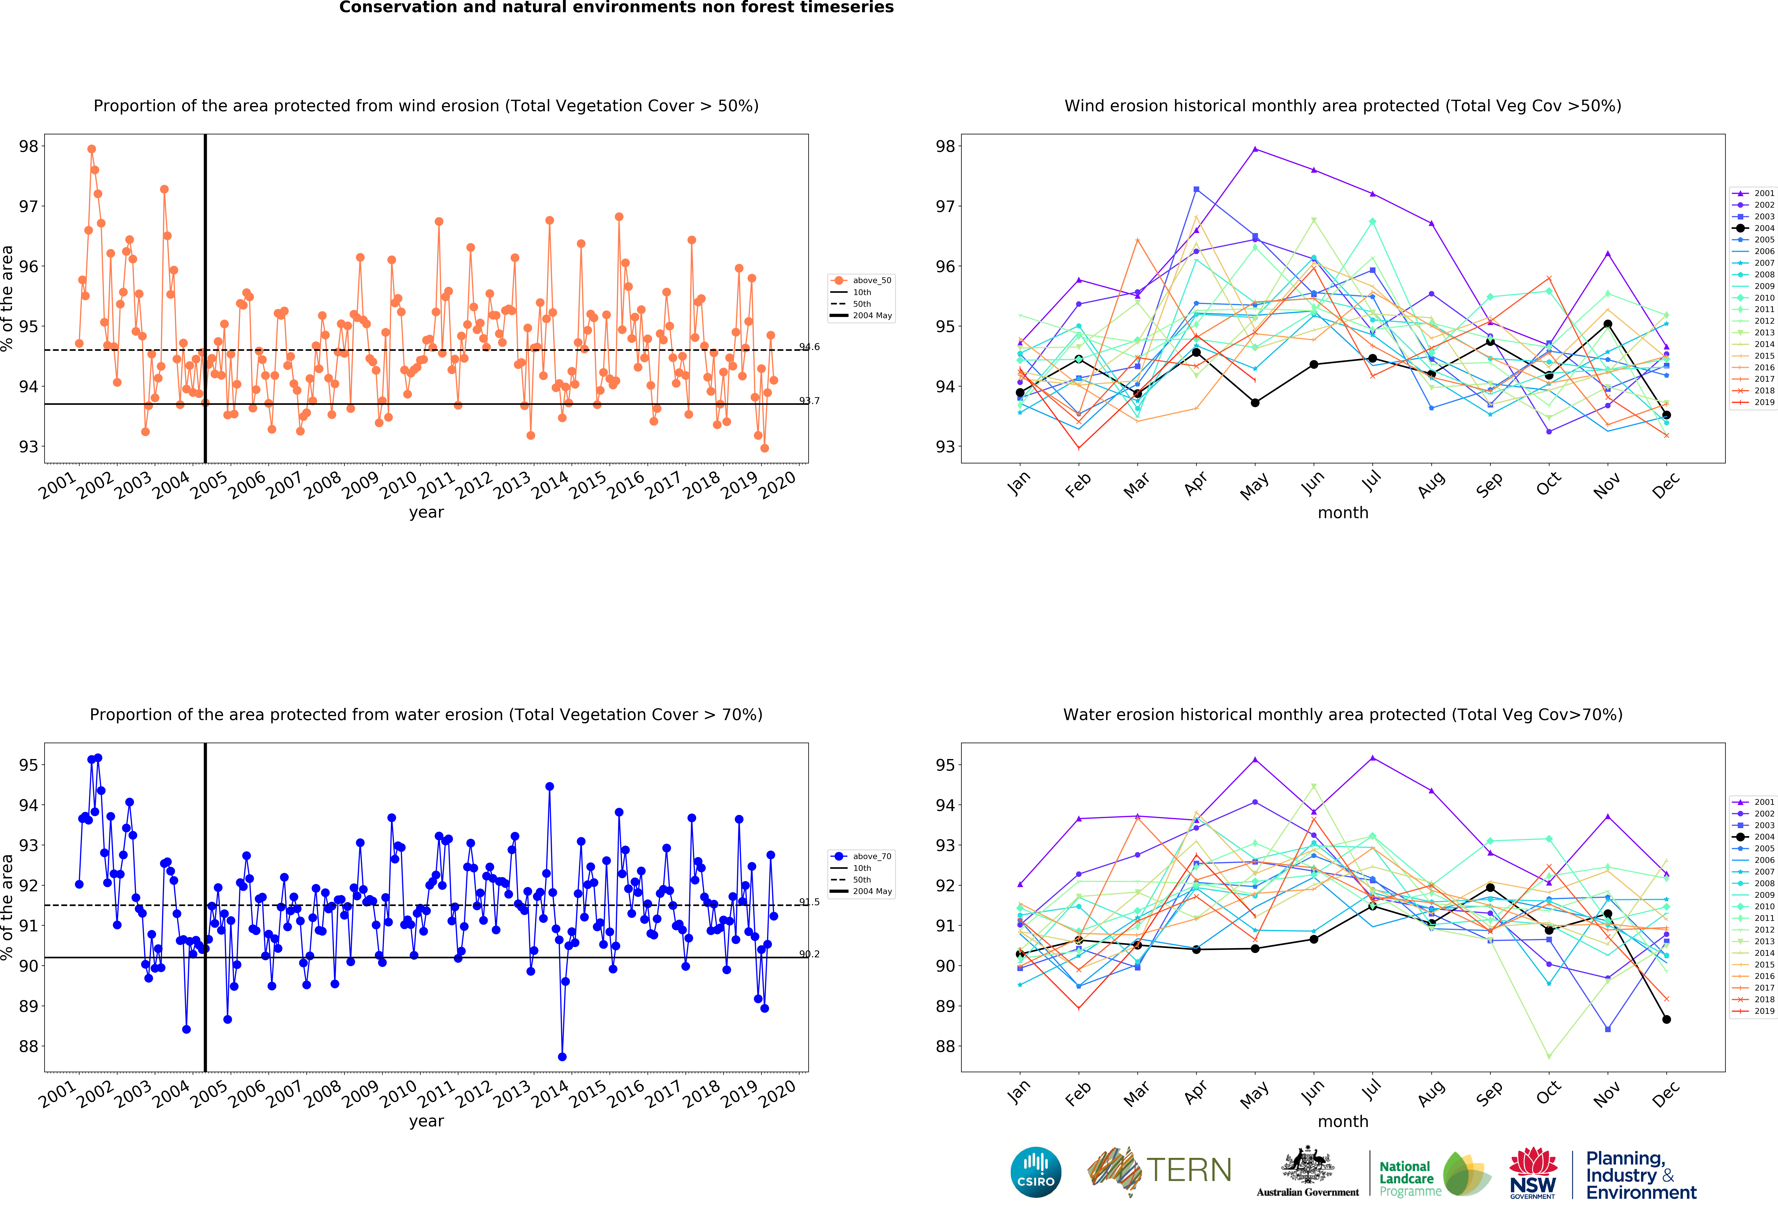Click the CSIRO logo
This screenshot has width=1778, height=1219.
[x=1036, y=1171]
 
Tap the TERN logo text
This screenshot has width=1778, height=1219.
[x=1189, y=1170]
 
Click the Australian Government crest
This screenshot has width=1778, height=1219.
[x=1308, y=1165]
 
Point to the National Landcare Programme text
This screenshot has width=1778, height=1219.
[x=1410, y=1179]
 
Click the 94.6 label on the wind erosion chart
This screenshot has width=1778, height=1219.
[x=809, y=347]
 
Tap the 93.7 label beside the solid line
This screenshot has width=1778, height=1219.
[x=809, y=400]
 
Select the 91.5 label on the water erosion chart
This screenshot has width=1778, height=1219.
[x=809, y=901]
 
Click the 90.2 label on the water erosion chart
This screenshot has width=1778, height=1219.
[x=809, y=954]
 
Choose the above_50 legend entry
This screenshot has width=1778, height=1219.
[x=862, y=280]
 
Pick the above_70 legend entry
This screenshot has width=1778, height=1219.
[x=862, y=856]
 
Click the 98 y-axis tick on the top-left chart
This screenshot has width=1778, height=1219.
[x=28, y=146]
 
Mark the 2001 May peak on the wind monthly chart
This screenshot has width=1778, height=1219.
[x=1255, y=148]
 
